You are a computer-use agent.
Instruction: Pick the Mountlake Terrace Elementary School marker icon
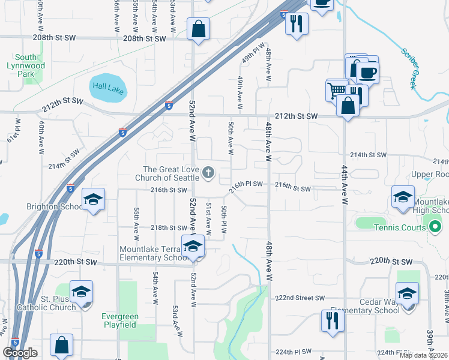point(193,247)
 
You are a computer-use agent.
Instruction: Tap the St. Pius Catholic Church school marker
point(81,292)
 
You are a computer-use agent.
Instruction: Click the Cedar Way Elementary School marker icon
point(408,293)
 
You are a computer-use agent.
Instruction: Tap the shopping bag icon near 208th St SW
point(198,28)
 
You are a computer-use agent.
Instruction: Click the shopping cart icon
point(336,90)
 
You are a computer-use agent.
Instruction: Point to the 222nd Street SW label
point(300,298)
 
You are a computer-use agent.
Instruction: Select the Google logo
point(20,353)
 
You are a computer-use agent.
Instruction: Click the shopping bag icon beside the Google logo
point(61,345)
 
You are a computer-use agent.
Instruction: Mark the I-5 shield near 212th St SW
point(169,105)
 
